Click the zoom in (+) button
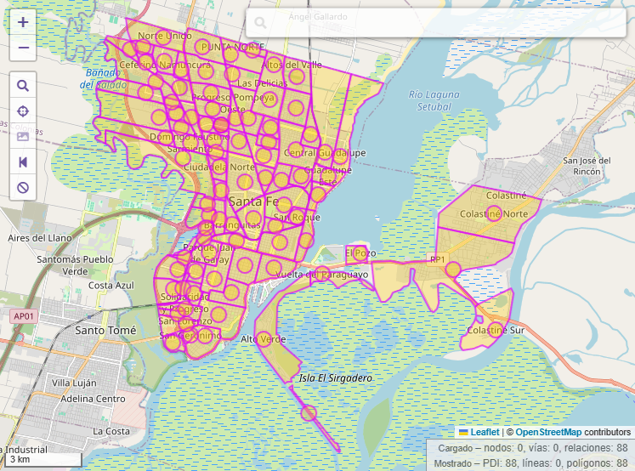point(23,23)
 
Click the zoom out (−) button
point(23,48)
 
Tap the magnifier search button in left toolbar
point(23,85)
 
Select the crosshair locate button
point(23,111)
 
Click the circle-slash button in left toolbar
point(23,187)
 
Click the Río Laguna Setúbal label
point(428,100)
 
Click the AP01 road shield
point(24,316)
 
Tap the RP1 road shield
point(438,259)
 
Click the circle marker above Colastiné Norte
point(494,212)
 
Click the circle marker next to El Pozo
point(359,253)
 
